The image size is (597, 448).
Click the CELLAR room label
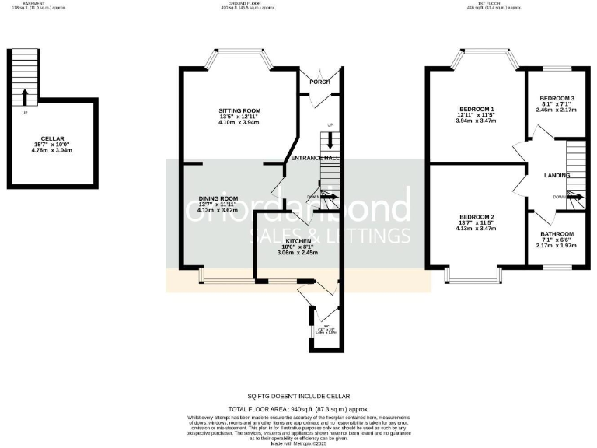pyautogui.click(x=51, y=138)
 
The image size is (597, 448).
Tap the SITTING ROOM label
pyautogui.click(x=238, y=110)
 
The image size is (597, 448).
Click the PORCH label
pyautogui.click(x=319, y=82)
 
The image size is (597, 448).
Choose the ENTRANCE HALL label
pyautogui.click(x=315, y=158)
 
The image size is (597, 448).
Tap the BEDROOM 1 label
pyautogui.click(x=476, y=108)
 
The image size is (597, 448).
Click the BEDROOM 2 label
pyautogui.click(x=476, y=216)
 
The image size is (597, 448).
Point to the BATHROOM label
pyautogui.click(x=557, y=234)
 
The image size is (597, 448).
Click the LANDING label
pyautogui.click(x=557, y=176)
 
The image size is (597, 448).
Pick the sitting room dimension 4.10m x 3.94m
pyautogui.click(x=238, y=122)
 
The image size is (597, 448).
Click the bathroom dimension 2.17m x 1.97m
pyautogui.click(x=557, y=247)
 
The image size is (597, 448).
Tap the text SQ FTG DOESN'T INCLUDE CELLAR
pyautogui.click(x=298, y=396)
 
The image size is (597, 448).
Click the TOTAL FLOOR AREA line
pyautogui.click(x=298, y=408)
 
